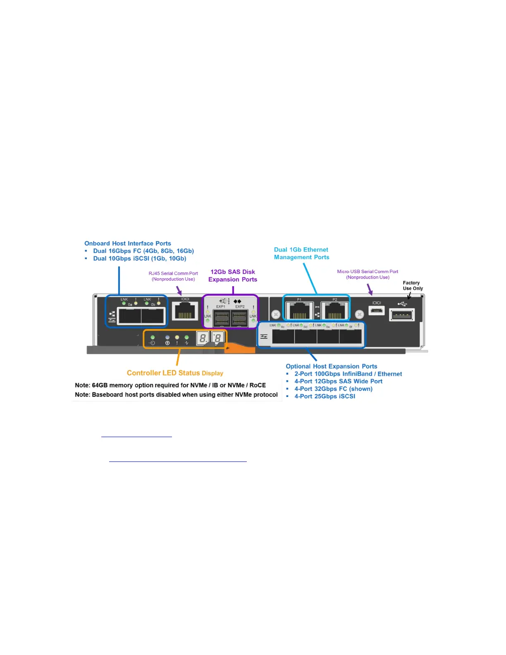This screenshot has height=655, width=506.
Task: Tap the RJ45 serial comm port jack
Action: coord(184,311)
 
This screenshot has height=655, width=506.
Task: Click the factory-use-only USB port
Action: coord(402,316)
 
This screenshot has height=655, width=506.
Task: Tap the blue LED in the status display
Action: coord(167,337)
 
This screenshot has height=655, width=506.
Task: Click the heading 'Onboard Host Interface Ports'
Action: coord(128,244)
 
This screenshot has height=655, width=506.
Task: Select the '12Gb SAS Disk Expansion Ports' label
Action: coord(233,276)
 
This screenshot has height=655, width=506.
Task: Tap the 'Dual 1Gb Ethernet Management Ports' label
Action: coord(302,253)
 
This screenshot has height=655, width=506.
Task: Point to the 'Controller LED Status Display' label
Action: coord(175,373)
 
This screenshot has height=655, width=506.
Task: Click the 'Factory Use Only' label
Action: coord(413,286)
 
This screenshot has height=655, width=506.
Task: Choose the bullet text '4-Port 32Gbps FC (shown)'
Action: coord(333,389)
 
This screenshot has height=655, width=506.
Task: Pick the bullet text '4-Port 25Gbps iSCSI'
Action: coord(325,396)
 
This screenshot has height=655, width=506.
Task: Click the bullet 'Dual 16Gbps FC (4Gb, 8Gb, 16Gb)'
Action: coord(143,251)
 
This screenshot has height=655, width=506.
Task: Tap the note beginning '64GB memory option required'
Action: coord(170,385)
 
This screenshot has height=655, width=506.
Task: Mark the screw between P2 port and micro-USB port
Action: coord(360,314)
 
